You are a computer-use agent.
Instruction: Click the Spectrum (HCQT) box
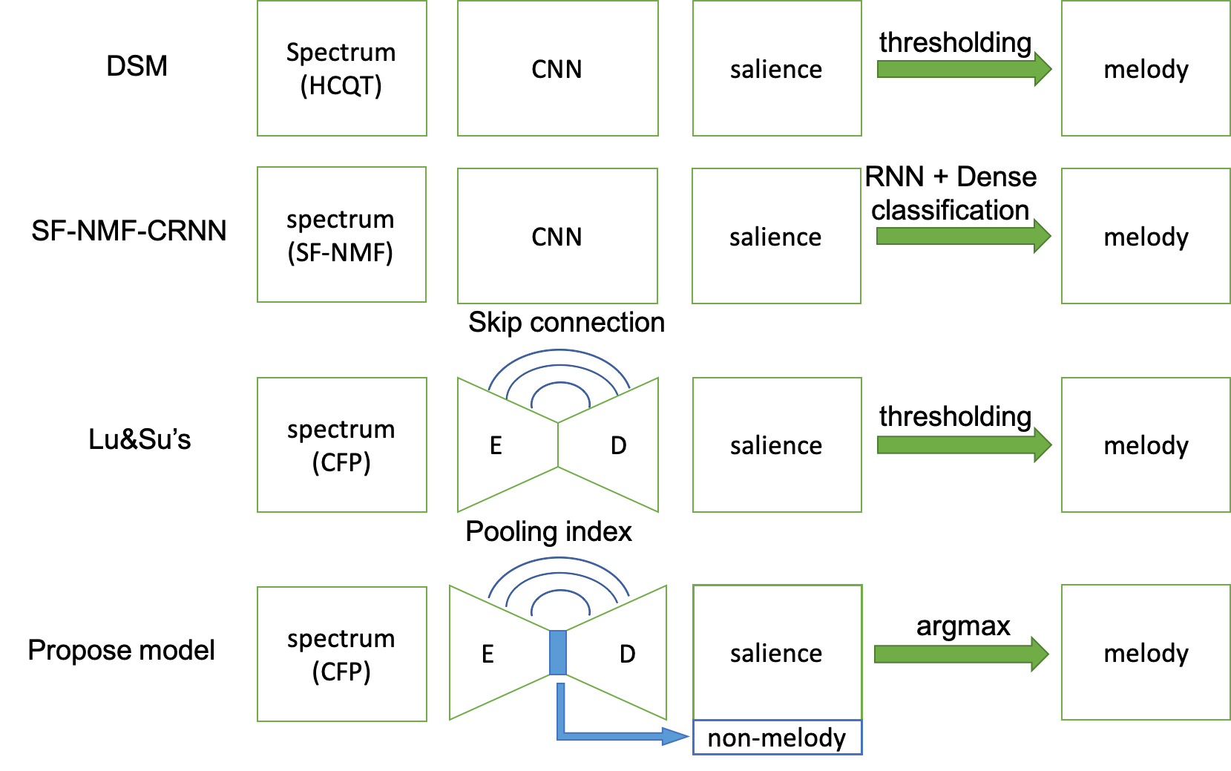pyautogui.click(x=341, y=68)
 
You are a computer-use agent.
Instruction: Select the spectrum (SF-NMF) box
pyautogui.click(x=341, y=234)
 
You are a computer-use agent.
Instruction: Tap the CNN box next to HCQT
pyautogui.click(x=557, y=68)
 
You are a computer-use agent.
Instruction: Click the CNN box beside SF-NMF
pyautogui.click(x=557, y=236)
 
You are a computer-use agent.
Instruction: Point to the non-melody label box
pyautogui.click(x=777, y=738)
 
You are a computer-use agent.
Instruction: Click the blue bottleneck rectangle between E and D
pyautogui.click(x=558, y=652)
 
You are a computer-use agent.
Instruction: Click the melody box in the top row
pyautogui.click(x=1146, y=68)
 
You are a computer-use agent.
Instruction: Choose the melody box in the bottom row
pyautogui.click(x=1146, y=652)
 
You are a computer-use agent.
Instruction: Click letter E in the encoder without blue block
pyautogui.click(x=496, y=445)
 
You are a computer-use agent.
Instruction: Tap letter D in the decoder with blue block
pyautogui.click(x=627, y=654)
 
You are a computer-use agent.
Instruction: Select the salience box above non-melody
pyautogui.click(x=777, y=652)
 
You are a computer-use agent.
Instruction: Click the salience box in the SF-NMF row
pyautogui.click(x=776, y=236)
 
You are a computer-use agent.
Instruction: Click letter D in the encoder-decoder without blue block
pyautogui.click(x=618, y=445)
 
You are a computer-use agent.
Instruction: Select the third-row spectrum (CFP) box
pyautogui.click(x=341, y=445)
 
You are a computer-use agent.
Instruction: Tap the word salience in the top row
pyautogui.click(x=776, y=69)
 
